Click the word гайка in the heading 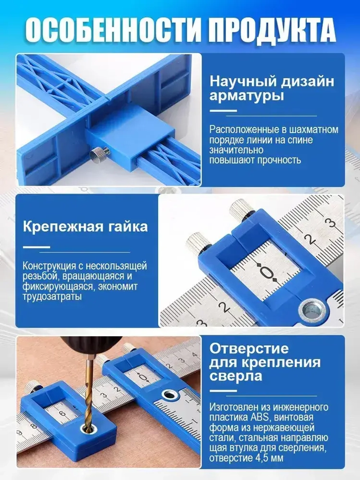click(x=127, y=226)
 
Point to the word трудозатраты click(x=52, y=297)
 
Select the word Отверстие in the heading click(x=249, y=349)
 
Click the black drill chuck click(x=90, y=346)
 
